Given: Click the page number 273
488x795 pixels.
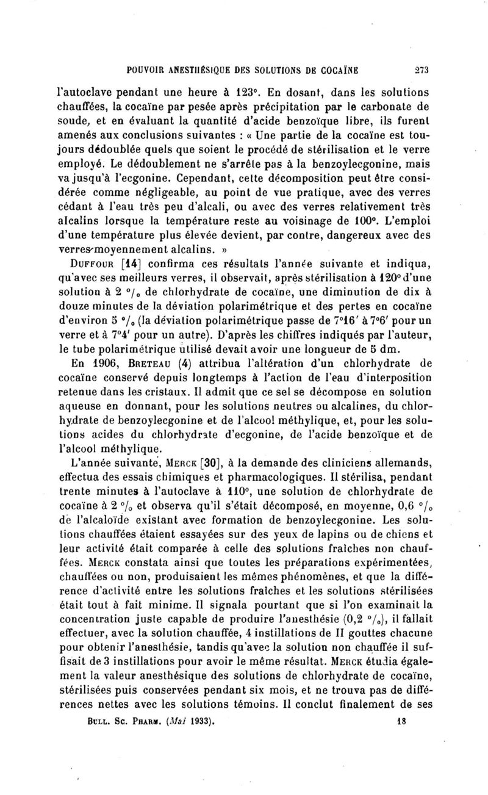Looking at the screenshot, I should click(404, 70).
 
